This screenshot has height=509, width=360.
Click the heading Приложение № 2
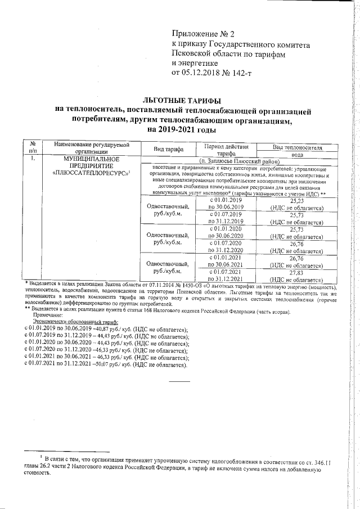[203, 33]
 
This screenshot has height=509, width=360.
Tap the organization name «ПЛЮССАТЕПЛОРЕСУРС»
[89, 173]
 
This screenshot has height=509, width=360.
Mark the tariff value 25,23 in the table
[296, 200]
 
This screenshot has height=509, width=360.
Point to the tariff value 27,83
[296, 272]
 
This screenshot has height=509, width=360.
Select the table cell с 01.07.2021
[226, 272]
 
